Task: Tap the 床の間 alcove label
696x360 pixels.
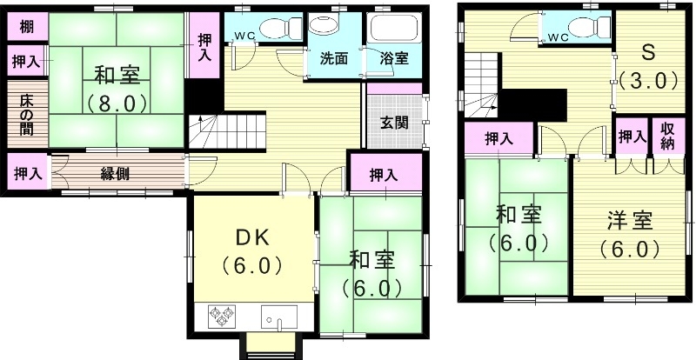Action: (x=25, y=113)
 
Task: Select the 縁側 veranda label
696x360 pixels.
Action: (x=116, y=173)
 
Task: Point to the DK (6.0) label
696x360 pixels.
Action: (x=251, y=250)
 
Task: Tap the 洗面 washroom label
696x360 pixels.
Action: (x=333, y=59)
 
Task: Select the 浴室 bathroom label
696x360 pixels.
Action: (x=394, y=59)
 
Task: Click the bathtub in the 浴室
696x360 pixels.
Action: (x=395, y=30)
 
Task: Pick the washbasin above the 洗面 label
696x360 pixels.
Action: (x=325, y=26)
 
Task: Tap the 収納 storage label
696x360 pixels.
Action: (x=667, y=137)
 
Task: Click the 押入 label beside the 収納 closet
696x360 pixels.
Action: (x=632, y=137)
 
